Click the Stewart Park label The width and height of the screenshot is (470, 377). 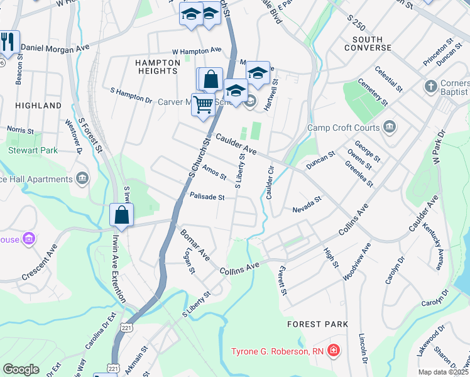(33, 150)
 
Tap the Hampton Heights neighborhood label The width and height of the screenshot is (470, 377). (156, 66)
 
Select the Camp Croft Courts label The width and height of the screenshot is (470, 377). (344, 128)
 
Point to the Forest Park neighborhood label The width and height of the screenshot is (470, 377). (317, 324)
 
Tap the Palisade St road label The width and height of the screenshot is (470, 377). (207, 197)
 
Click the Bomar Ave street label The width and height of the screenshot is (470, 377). (195, 243)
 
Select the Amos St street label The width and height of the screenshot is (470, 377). (214, 172)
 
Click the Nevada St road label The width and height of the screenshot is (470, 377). (307, 202)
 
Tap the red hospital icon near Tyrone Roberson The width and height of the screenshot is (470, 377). (334, 349)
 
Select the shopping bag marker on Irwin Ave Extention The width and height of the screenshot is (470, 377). (121, 216)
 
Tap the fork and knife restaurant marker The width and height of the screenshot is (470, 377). (8, 42)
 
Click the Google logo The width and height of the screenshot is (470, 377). (21, 369)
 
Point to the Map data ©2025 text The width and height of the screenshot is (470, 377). (443, 372)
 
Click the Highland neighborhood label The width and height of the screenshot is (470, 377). (39, 106)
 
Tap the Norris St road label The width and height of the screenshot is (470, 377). (20, 130)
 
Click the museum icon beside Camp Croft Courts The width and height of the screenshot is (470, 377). (389, 128)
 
